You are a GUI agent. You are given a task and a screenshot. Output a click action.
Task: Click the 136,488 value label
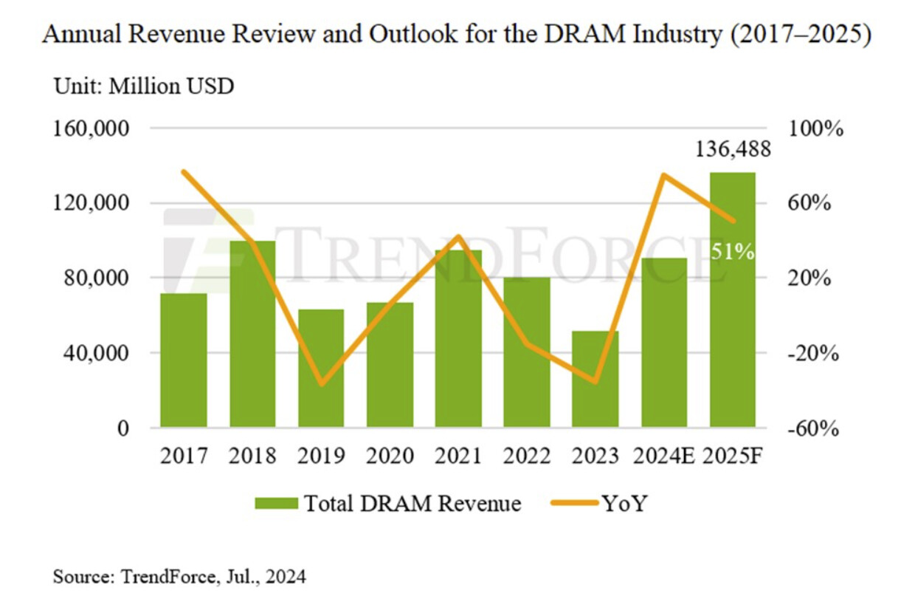point(733,150)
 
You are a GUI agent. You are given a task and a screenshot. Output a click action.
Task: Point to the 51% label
point(733,252)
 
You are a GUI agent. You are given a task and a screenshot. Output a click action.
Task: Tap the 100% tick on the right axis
point(817,129)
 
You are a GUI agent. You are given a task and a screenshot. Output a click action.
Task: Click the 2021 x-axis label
point(458,456)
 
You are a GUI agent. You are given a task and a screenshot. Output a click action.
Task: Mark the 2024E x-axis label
point(664,456)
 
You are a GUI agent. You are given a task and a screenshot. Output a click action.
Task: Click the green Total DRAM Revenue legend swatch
point(276,504)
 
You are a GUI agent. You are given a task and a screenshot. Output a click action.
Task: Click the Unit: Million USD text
point(144,86)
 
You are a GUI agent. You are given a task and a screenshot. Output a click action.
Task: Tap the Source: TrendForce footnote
point(179,575)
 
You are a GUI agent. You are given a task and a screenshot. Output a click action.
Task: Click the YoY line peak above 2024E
point(664,175)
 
